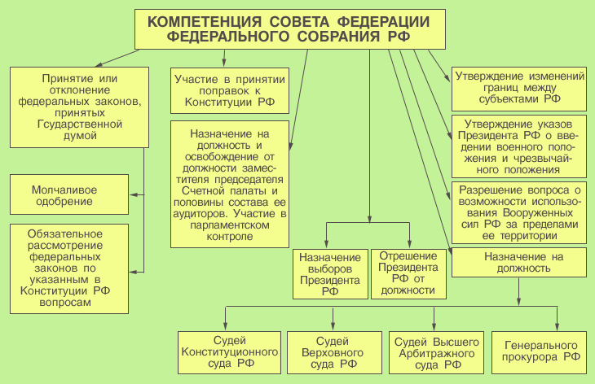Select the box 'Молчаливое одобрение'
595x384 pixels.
coord(68,195)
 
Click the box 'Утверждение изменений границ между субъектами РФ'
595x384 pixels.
coord(519,87)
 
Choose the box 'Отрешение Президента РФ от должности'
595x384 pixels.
coord(408,273)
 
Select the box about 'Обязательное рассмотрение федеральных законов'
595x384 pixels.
coord(69,268)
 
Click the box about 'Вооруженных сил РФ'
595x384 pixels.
coord(519,212)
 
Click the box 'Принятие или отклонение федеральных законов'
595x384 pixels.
coord(79,106)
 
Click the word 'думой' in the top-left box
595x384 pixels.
coord(79,136)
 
